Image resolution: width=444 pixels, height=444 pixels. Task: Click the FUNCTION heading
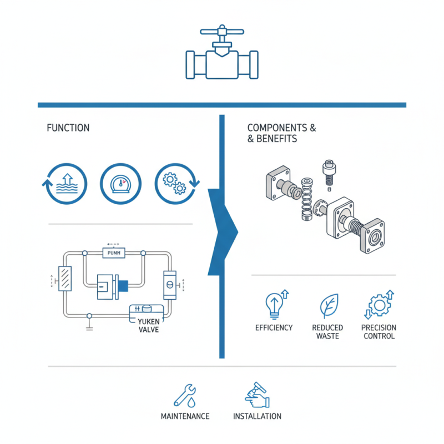pyautogui.click(x=68, y=128)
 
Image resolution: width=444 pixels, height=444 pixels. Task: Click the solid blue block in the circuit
pyautogui.click(x=122, y=286)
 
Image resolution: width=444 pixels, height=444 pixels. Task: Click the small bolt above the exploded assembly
pyautogui.click(x=327, y=173)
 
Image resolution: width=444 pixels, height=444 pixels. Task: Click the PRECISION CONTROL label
pyautogui.click(x=379, y=332)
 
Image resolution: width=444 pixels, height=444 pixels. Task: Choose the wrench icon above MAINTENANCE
pyautogui.click(x=184, y=395)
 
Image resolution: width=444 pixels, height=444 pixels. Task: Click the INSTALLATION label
pyautogui.click(x=257, y=416)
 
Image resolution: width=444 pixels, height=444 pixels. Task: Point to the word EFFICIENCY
pyautogui.click(x=274, y=328)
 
